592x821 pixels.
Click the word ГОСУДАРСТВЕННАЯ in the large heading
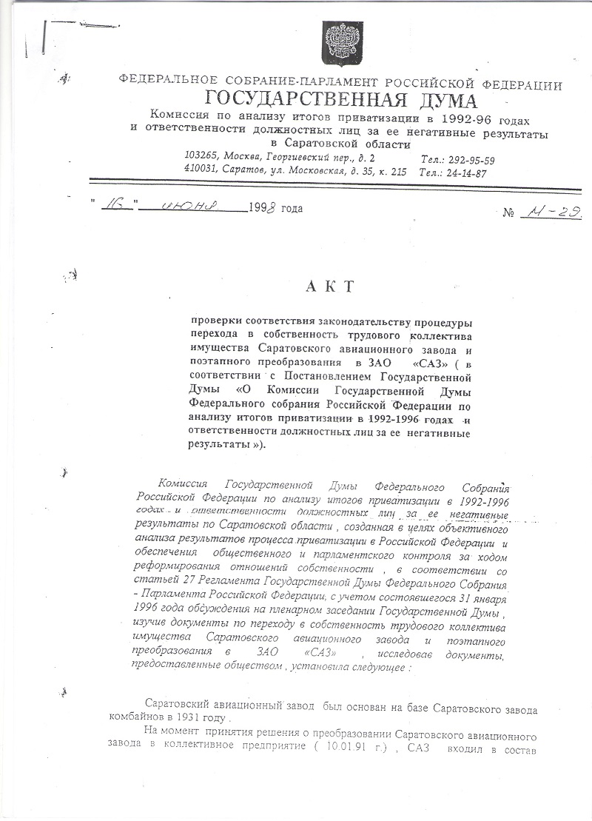pyautogui.click(x=290, y=101)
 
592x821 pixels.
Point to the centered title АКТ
pyautogui.click(x=323, y=286)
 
